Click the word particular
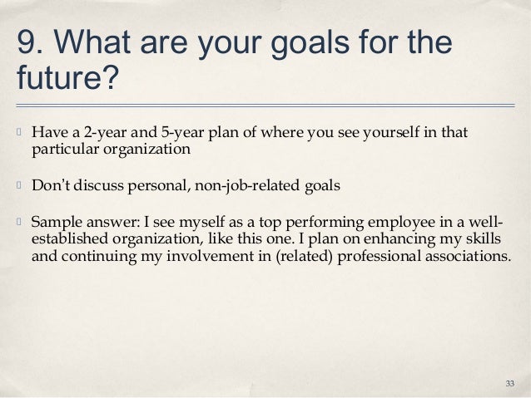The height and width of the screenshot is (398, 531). (62, 149)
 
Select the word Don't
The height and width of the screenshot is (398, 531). (50, 184)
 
